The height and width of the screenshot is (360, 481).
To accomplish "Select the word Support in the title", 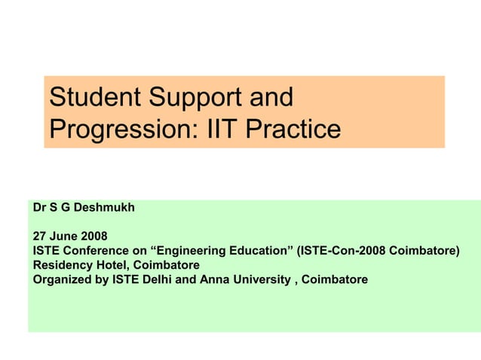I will tap(206, 97).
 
